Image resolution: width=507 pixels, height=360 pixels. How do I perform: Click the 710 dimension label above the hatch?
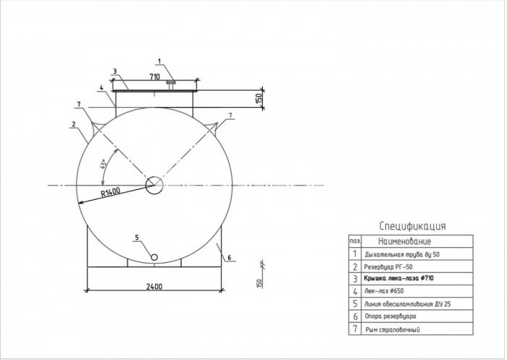click(154, 77)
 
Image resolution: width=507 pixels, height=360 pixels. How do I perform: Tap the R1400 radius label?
click(110, 192)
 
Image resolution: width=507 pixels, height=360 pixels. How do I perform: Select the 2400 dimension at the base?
click(154, 286)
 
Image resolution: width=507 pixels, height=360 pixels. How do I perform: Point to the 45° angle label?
click(103, 164)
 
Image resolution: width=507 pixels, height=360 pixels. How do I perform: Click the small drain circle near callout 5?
click(154, 257)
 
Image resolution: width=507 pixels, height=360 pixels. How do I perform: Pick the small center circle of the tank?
click(154, 185)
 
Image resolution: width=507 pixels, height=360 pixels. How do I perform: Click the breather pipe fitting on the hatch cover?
click(171, 85)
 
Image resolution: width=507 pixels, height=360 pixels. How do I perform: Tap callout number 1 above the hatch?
click(159, 61)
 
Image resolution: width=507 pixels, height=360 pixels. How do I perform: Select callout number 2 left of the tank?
click(74, 124)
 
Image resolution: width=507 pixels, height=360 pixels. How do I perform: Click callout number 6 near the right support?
click(230, 257)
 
